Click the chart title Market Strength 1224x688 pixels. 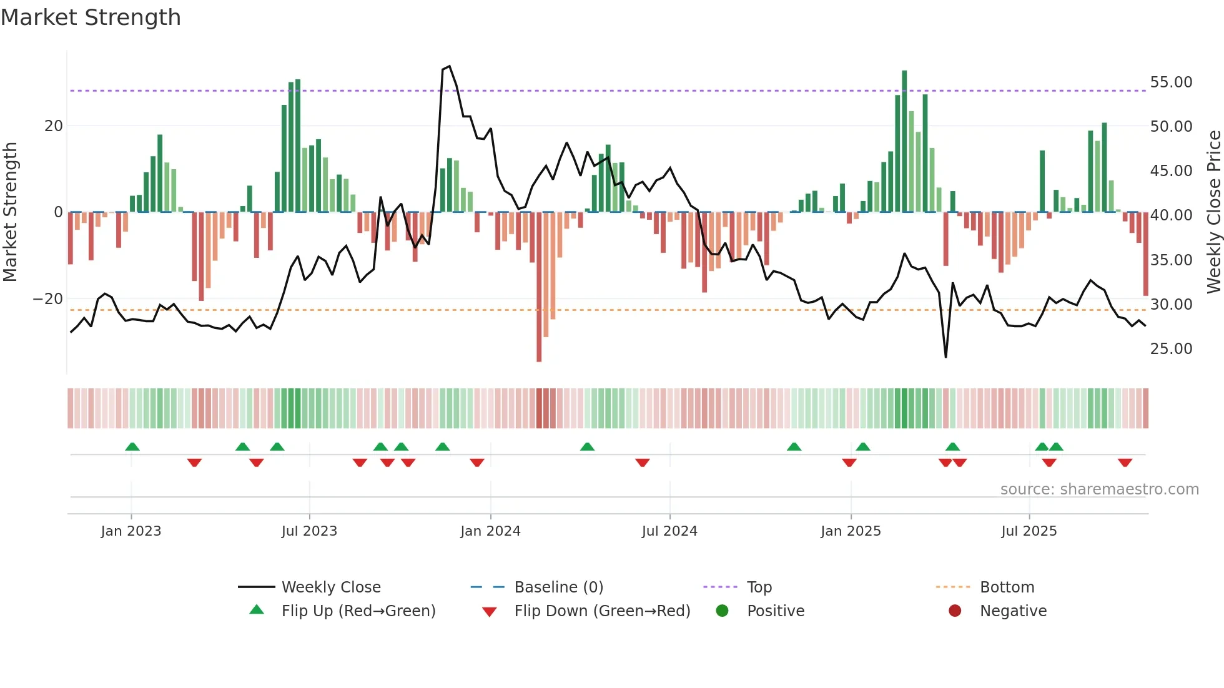[x=91, y=17]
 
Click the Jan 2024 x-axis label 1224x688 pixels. [x=490, y=531]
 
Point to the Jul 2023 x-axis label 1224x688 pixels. [x=309, y=531]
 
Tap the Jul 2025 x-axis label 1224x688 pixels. [x=1029, y=531]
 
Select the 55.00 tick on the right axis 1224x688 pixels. [x=1171, y=82]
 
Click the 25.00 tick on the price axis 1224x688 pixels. [x=1171, y=349]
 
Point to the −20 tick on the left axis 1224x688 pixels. [x=48, y=299]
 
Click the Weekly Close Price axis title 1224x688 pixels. [x=1213, y=212]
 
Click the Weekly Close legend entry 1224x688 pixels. [x=330, y=587]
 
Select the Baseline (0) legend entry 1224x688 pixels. [x=558, y=587]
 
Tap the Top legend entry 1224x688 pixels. [x=759, y=587]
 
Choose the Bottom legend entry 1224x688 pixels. [x=1007, y=587]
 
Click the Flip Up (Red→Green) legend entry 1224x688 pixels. [x=358, y=611]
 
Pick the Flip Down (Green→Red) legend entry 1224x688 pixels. [x=602, y=611]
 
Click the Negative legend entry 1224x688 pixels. [x=1012, y=611]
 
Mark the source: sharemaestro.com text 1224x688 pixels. [x=1099, y=489]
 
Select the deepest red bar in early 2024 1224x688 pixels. [x=539, y=287]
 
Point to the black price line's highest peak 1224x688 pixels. [x=449, y=66]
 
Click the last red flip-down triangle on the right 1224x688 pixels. [x=1125, y=463]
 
